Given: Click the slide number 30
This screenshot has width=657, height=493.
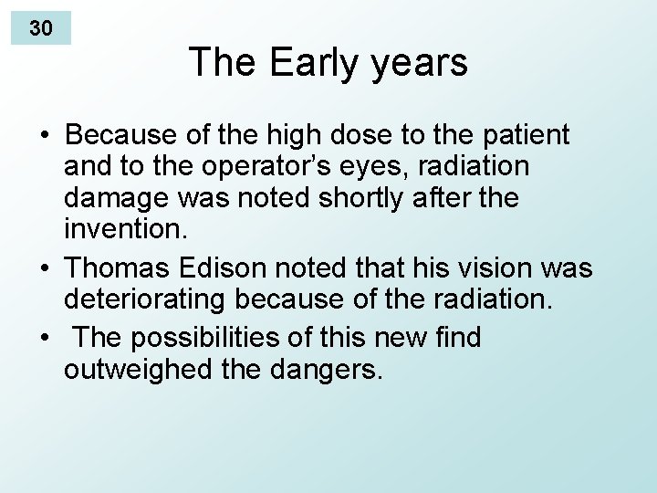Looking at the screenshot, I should pos(40,28).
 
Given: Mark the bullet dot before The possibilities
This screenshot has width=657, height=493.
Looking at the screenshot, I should pos(44,338).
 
